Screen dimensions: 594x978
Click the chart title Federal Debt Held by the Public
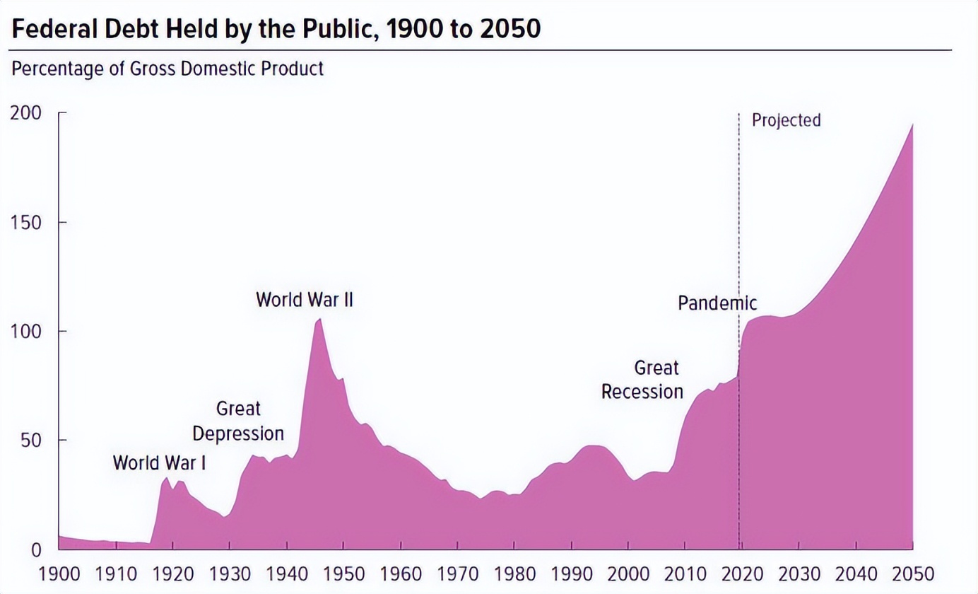[x=276, y=28]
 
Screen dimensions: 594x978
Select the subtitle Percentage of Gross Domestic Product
[x=167, y=69]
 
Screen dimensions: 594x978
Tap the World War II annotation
[x=304, y=300]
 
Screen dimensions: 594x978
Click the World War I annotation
[x=160, y=463]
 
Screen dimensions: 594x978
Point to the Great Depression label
[x=238, y=421]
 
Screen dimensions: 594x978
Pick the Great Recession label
[x=642, y=380]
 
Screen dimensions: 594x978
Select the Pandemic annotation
[x=717, y=303]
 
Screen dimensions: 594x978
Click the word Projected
[x=786, y=120]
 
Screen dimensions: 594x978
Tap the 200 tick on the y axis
[x=26, y=113]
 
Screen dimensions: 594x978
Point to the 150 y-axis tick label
[x=26, y=223]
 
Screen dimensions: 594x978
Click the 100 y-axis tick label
[x=26, y=332]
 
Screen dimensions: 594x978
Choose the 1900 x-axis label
[x=59, y=573]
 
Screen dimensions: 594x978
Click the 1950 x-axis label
[x=343, y=573]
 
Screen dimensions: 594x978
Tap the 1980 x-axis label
[x=514, y=573]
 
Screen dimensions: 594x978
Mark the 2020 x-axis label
[x=742, y=573]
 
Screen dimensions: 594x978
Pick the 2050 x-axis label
[x=912, y=573]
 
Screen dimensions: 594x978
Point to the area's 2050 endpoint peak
[x=912, y=125]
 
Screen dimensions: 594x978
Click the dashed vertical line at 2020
[x=739, y=212]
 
